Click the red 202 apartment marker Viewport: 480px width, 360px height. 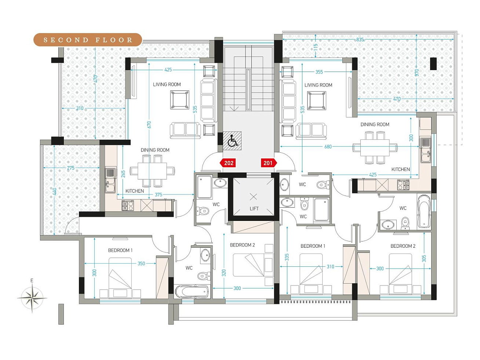point(228,163)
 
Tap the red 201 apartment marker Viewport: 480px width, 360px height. point(269,163)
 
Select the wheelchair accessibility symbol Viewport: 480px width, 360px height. point(232,141)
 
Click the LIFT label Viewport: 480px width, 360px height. point(254,209)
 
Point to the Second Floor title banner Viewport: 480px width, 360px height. point(88,40)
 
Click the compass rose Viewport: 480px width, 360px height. point(32,298)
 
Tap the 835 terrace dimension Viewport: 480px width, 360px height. point(360,40)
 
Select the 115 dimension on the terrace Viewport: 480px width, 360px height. point(315,47)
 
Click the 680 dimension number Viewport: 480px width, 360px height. point(328,147)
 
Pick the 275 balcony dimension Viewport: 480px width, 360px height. point(70,168)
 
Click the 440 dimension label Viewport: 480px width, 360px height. point(54,192)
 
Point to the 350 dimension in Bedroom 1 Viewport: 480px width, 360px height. point(141,263)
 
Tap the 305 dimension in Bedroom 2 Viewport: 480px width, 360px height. point(424,259)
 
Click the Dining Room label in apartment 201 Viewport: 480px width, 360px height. point(375,124)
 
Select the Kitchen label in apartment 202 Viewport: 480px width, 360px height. point(135,191)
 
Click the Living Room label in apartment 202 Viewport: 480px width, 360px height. point(167,84)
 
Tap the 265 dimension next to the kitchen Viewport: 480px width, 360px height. point(123,174)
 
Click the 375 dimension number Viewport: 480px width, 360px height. point(159,194)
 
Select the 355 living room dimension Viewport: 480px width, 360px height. point(319,72)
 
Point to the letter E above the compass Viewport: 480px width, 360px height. point(32,281)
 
